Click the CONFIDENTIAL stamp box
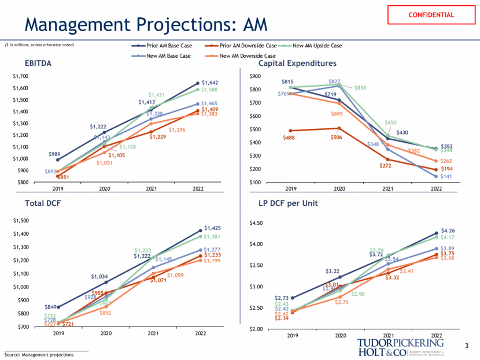click(x=431, y=15)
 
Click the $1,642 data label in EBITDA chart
click(x=210, y=83)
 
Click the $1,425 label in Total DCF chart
click(x=211, y=228)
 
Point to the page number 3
click(x=467, y=346)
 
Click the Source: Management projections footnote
click(x=39, y=354)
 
